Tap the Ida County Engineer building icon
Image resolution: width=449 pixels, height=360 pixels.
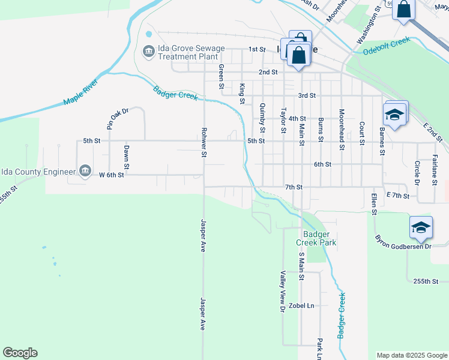tap(85, 171)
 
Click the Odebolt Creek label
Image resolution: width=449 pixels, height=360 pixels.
tap(386, 46)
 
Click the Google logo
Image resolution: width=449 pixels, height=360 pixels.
tap(20, 353)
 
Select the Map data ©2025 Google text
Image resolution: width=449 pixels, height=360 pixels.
tap(411, 355)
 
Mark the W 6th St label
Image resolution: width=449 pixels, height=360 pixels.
tap(111, 175)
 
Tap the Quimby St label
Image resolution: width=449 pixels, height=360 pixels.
tap(262, 117)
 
